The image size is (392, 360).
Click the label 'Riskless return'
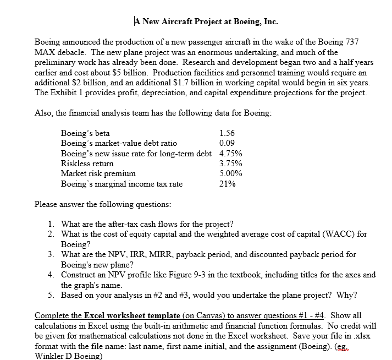pos(87,163)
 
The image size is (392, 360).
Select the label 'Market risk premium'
pos(98,173)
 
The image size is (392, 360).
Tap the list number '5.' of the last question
pos(51,294)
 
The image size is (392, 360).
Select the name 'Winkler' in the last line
pos(50,355)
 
